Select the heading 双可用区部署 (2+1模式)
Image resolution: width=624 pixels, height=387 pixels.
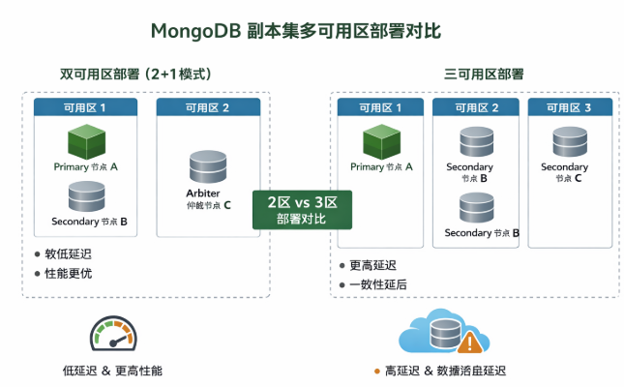[135, 74]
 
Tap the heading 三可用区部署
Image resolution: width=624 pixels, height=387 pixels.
[484, 74]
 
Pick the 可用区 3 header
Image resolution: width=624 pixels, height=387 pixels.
[568, 106]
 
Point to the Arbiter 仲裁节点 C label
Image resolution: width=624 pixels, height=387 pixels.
[209, 198]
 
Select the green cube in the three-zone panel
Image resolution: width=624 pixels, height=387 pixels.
[381, 141]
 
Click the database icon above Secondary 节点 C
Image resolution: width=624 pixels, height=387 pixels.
[565, 142]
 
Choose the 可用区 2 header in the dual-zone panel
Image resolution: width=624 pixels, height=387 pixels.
[207, 106]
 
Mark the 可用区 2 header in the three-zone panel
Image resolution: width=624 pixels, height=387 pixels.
[475, 106]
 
